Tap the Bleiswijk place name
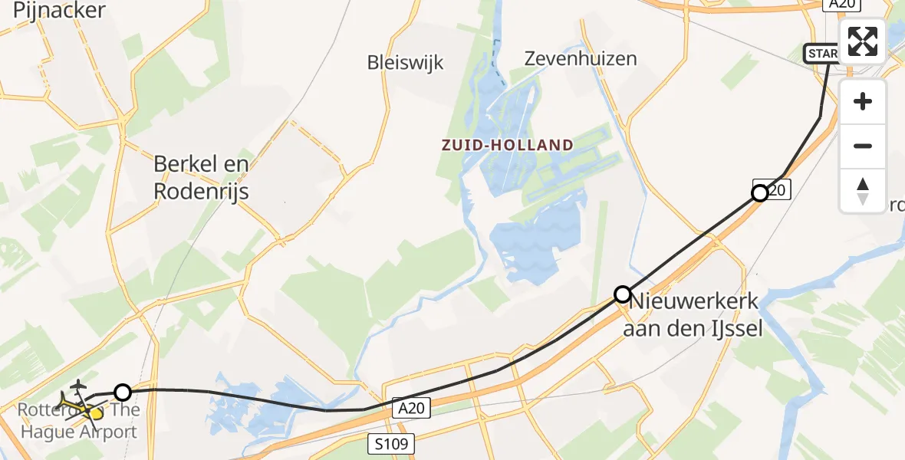[x=405, y=62]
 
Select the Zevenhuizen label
[x=581, y=58]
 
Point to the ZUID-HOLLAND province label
[x=507, y=145]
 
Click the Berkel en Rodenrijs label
[x=202, y=177]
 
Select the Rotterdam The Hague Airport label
[x=79, y=421]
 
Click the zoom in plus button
[x=863, y=102]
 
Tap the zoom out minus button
[x=863, y=146]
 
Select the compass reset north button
[x=863, y=191]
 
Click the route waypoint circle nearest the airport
[x=123, y=393]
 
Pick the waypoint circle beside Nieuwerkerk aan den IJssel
[x=623, y=294]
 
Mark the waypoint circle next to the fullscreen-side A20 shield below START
[x=760, y=193]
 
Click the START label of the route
[x=821, y=54]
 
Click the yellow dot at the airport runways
[x=95, y=414]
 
